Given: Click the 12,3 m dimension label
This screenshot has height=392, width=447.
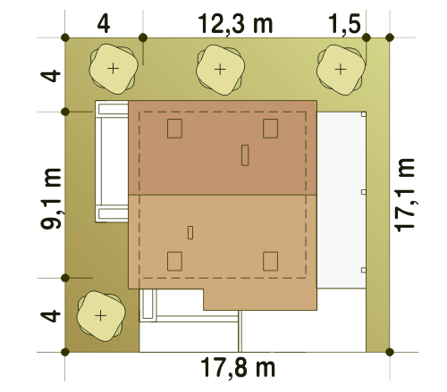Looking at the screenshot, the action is point(235,24).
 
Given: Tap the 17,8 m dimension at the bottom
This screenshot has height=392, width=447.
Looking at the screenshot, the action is point(238,368).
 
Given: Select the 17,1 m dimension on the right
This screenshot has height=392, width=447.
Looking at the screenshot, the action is point(404,195).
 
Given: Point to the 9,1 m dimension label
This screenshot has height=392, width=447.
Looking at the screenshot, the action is point(51,198).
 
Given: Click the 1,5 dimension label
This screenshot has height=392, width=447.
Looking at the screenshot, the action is point(344,24).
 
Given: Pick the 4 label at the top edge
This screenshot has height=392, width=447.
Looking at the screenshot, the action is point(104,24).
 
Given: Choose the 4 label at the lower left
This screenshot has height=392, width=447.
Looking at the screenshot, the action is point(50,316).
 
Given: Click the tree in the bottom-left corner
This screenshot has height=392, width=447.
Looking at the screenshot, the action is point(101,316).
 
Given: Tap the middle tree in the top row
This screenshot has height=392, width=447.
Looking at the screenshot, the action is point(220,70).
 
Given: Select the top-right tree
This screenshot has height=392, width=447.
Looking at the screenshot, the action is point(341,70).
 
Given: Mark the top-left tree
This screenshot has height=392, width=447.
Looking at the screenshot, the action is point(114,69).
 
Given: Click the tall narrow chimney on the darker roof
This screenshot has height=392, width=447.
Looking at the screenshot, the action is point(245,155).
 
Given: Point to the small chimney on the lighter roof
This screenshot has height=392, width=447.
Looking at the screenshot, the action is point(190,233).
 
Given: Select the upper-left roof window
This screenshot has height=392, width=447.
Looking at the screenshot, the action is point(174,129).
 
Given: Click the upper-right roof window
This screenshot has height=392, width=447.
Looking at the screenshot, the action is point(271,129).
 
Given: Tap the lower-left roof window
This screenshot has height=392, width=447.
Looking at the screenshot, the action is point(174,262).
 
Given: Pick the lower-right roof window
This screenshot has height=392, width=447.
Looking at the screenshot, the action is point(271,262).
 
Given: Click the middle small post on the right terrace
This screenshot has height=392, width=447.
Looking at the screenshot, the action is point(364,192).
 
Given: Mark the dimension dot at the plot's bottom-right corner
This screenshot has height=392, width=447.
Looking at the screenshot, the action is point(390,352).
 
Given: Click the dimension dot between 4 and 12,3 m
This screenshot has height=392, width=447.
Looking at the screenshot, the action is point(143,38).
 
